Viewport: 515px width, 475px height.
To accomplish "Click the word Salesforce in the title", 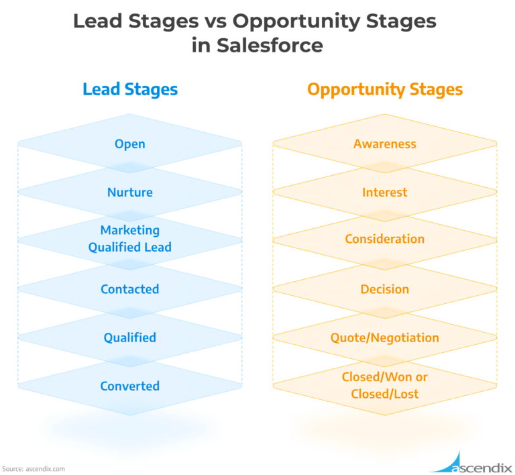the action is [x=270, y=45].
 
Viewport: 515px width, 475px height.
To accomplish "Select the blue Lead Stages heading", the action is [x=130, y=90].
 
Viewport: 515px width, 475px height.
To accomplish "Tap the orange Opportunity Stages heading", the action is [x=385, y=90].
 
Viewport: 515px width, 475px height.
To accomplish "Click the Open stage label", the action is [x=129, y=144].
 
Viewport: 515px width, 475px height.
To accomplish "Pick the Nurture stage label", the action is [x=129, y=192].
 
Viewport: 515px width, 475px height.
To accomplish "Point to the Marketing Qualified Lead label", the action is [x=129, y=239].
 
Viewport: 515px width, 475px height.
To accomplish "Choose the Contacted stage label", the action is [x=129, y=289].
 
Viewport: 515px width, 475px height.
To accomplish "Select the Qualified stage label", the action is [x=129, y=337].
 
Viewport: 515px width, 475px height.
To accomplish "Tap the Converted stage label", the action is [x=129, y=386].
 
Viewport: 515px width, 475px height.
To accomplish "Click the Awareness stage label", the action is [x=385, y=144].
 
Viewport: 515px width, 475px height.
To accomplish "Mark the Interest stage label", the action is [x=385, y=192].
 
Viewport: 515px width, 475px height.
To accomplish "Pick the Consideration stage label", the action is [x=385, y=239].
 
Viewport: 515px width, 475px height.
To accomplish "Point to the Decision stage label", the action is [x=385, y=289].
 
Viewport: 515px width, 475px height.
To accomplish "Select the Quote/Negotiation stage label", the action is [x=385, y=337].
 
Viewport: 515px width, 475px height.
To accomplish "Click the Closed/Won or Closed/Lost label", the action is [x=385, y=385].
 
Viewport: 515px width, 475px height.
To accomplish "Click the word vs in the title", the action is [x=215, y=21].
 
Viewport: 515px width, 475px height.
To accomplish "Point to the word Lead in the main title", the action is [x=97, y=21].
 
